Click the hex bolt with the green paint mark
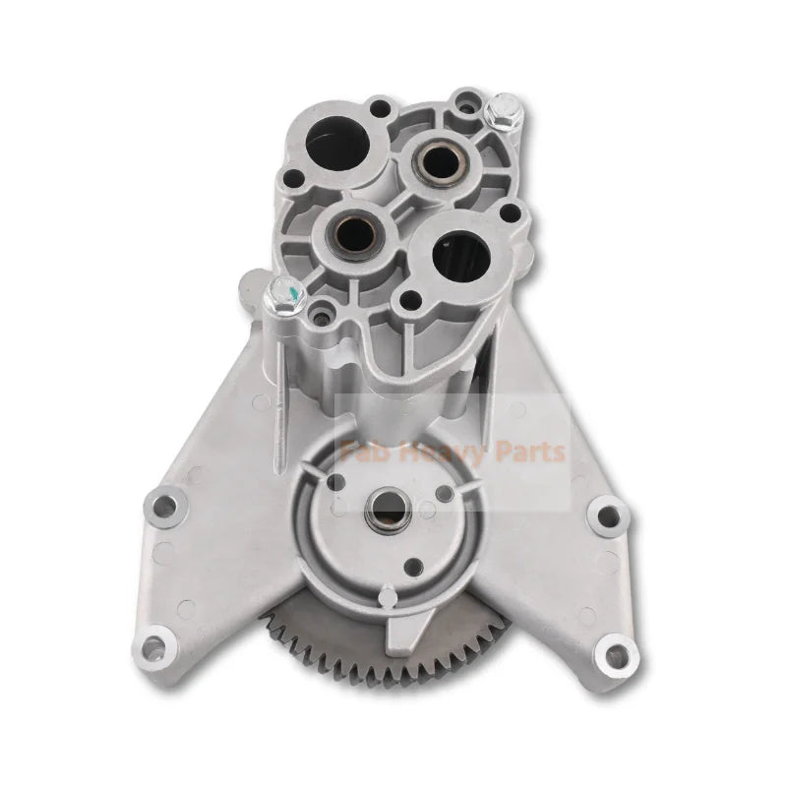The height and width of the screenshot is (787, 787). (284, 291)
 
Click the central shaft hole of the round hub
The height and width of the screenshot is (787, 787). (380, 513)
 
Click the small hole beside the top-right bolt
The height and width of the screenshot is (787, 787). (459, 99)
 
